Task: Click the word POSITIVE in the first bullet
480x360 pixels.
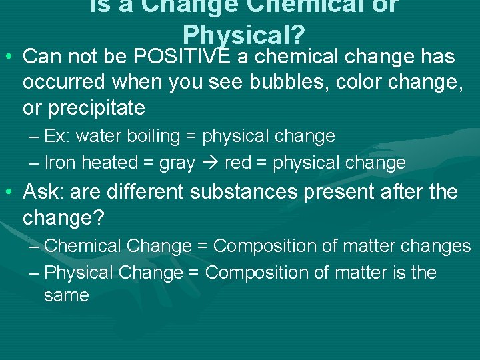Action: (181, 57)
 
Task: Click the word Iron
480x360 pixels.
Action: (61, 163)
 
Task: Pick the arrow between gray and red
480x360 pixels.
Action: (211, 163)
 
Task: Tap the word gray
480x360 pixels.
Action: (177, 163)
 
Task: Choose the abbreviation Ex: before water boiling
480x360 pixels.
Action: (57, 137)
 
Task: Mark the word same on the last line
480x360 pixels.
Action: (66, 295)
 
